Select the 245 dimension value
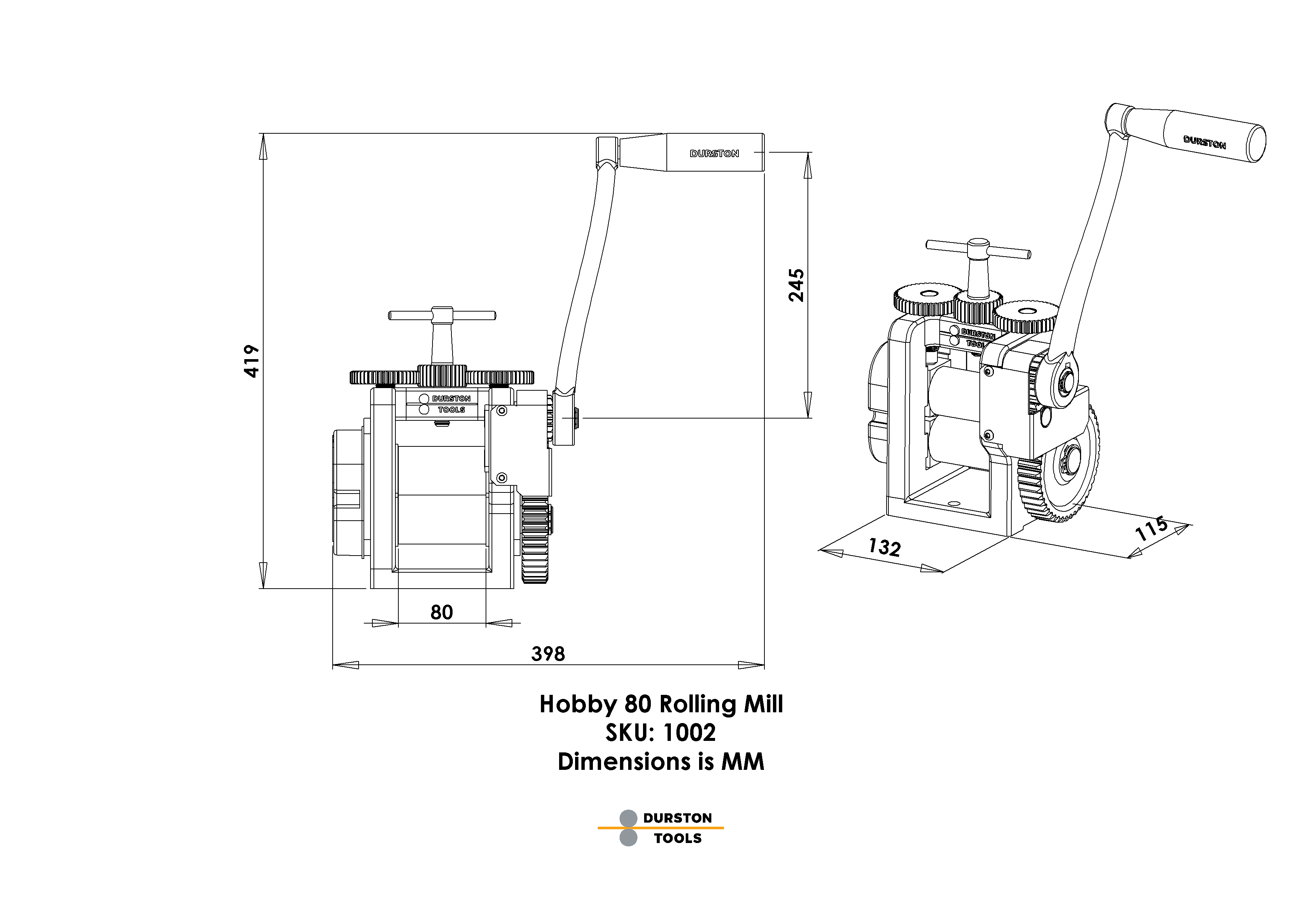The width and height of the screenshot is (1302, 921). click(797, 285)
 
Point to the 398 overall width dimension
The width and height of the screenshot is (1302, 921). click(548, 654)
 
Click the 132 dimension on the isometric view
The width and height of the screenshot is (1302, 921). click(884, 547)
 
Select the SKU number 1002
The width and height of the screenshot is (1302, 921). click(688, 733)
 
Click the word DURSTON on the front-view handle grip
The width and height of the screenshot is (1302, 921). click(714, 154)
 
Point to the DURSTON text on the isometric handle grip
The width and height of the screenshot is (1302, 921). click(1204, 142)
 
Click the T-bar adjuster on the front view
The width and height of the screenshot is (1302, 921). click(442, 316)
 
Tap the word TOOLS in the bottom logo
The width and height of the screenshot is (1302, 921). click(678, 838)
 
